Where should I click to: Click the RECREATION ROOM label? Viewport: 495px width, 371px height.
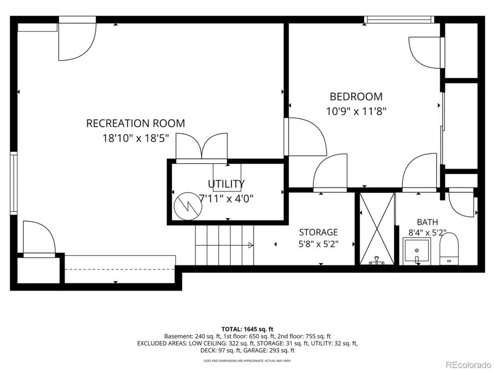(x=136, y=123)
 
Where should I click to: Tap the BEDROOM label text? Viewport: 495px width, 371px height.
(x=356, y=96)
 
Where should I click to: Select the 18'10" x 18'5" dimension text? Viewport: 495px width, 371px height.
(x=136, y=138)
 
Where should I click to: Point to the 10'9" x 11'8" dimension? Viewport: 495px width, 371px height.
(x=356, y=111)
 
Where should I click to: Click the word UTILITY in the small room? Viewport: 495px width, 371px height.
(x=226, y=184)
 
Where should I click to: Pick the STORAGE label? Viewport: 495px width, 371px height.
(x=318, y=232)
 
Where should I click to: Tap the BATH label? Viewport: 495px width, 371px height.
(x=427, y=222)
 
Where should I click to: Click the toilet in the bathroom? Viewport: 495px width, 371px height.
(x=449, y=249)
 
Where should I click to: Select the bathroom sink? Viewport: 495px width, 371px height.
(x=417, y=251)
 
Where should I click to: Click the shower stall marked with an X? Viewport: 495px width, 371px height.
(x=377, y=228)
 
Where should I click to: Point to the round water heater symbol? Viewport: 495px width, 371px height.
(x=188, y=206)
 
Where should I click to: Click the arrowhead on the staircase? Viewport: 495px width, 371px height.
(x=251, y=245)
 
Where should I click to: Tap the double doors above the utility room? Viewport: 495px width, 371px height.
(x=202, y=148)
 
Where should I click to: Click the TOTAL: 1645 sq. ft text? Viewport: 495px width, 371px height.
(x=247, y=329)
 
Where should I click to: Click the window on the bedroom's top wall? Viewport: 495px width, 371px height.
(x=399, y=20)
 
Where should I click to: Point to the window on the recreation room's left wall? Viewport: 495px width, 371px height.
(x=14, y=183)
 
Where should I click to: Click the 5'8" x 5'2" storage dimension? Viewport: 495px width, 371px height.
(x=318, y=244)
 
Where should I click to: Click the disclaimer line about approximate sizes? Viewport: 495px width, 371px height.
(x=247, y=361)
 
